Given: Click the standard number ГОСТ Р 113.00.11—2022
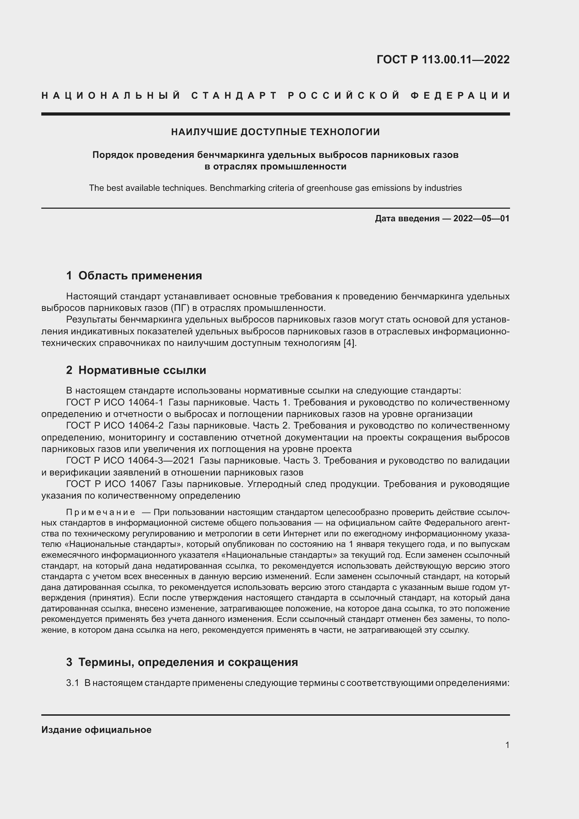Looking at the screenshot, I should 443,60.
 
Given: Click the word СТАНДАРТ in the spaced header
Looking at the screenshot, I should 234,96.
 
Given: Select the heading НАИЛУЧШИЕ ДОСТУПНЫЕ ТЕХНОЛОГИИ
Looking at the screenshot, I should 275,132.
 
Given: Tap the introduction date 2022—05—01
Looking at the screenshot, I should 481,218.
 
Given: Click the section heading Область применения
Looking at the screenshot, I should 140,276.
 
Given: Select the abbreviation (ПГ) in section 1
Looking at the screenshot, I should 180,308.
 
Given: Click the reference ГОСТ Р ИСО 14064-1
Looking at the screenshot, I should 114,402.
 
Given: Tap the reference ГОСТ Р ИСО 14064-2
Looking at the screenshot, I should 114,425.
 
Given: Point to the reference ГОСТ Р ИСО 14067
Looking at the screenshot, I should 111,484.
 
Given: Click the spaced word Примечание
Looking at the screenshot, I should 100,513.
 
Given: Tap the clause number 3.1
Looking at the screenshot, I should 72,683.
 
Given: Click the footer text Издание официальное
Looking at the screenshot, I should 96,730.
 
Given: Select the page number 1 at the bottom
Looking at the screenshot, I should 507,745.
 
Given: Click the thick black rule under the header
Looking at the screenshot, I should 275,114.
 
